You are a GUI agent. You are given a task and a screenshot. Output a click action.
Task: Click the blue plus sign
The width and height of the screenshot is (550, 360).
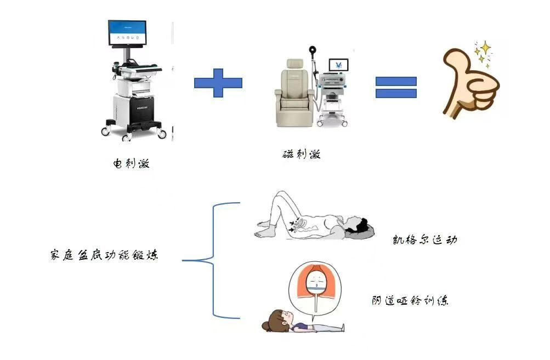(218, 83)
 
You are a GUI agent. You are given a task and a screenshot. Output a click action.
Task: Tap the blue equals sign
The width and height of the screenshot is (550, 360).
(396, 87)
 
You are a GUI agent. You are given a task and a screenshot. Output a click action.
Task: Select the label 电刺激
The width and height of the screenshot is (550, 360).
(131, 163)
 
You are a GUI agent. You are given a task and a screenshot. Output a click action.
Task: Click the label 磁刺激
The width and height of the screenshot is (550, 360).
(301, 154)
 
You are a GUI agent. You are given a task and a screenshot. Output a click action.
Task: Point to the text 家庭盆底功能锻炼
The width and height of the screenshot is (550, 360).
(104, 255)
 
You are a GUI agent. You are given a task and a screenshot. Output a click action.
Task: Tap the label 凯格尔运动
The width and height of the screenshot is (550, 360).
(425, 240)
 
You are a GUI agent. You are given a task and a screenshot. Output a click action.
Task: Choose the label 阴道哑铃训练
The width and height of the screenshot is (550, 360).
(410, 301)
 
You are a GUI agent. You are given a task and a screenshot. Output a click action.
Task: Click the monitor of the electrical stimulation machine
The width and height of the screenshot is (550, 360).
(127, 33)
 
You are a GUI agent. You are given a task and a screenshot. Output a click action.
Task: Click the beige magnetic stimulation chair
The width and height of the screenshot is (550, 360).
(295, 95)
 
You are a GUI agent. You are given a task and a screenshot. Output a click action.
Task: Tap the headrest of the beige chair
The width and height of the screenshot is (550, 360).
(294, 64)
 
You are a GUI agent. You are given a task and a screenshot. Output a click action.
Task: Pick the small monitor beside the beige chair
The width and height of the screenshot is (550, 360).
(338, 65)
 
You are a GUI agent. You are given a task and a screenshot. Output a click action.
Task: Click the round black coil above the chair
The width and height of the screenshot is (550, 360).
(313, 51)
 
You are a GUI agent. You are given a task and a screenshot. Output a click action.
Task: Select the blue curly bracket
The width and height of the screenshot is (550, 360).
(213, 260)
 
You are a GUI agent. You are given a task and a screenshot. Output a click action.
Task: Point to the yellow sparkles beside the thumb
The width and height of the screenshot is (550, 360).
(483, 53)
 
